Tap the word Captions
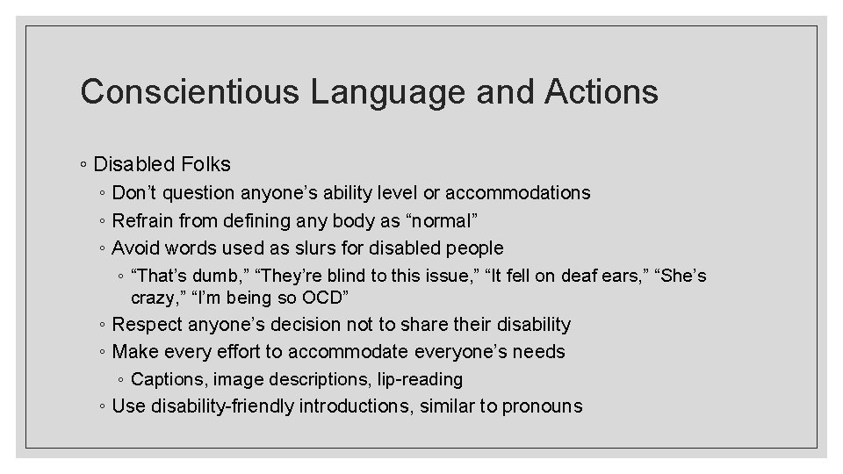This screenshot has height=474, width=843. click(164, 379)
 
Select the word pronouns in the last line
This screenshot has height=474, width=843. click(542, 406)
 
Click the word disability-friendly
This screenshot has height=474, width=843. click(223, 406)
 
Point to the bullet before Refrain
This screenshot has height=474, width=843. click(103, 221)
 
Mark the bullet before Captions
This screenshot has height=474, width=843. click(120, 380)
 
